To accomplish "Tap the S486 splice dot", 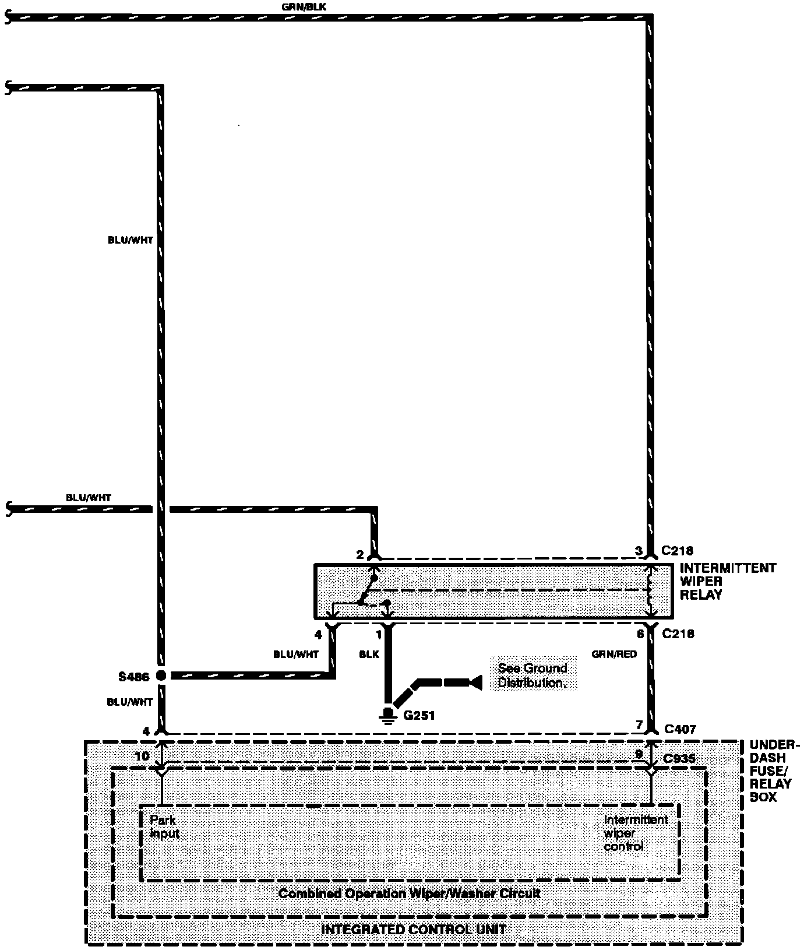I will point(161,676).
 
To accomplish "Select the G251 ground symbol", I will point(386,715).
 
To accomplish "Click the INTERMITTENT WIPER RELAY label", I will point(728,581).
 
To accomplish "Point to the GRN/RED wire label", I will point(614,655).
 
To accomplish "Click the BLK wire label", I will point(369,655).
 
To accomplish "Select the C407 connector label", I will point(680,729).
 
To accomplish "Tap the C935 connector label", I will point(679,759).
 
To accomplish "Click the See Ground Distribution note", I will point(532,675).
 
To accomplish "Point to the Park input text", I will point(164,826).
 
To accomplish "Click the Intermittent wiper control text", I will point(635,833).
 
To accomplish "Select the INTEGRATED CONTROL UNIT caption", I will point(414,929).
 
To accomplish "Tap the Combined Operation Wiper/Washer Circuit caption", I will point(409,893).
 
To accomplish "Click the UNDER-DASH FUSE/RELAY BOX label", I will point(773,770).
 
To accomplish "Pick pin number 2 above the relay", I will point(359,555).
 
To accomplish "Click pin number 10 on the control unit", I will point(142,756).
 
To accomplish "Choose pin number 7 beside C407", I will point(639,726).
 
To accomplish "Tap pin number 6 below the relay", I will point(640,634).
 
